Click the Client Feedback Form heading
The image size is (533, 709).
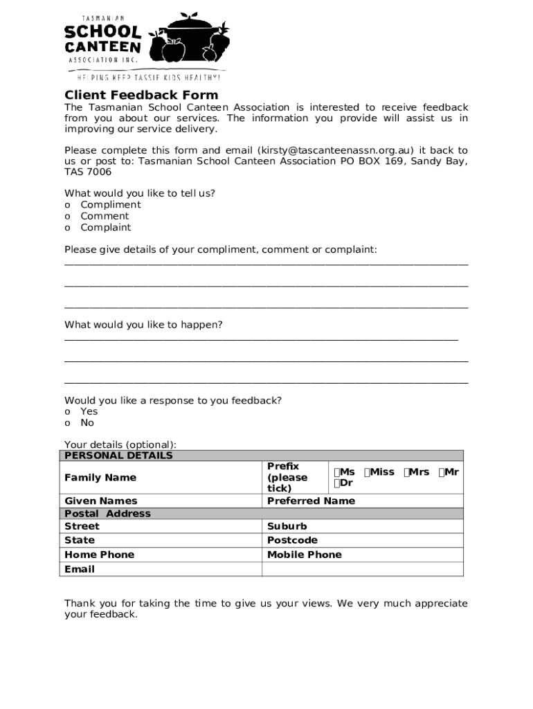(141, 96)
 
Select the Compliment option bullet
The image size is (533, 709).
(67, 205)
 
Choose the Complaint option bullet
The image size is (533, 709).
(67, 228)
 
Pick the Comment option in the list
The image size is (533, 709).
(105, 216)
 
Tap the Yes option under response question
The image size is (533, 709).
(67, 412)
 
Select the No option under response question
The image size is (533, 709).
(67, 423)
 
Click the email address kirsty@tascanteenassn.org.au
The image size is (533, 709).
(336, 150)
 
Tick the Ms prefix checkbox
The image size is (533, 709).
(336, 472)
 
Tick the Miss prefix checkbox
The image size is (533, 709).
(367, 472)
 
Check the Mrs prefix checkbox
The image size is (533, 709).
(406, 472)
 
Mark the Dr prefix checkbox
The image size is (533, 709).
(336, 483)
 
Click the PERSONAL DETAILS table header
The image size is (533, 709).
(118, 456)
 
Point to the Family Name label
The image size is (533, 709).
(100, 478)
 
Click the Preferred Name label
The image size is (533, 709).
(311, 501)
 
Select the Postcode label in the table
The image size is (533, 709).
(292, 540)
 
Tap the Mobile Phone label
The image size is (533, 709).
(304, 555)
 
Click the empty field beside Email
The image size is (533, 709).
(362, 569)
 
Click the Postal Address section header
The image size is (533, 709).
(107, 514)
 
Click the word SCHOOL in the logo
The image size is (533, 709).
(102, 33)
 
